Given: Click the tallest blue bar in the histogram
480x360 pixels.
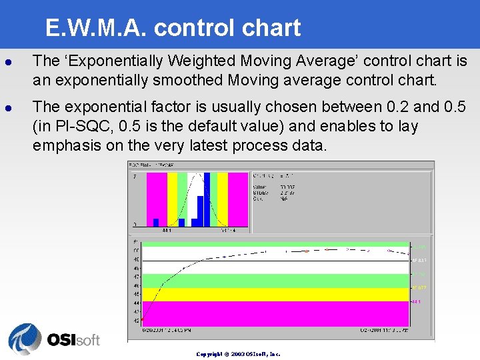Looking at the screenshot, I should (207, 199).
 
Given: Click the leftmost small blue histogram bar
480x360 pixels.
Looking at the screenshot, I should (156, 223).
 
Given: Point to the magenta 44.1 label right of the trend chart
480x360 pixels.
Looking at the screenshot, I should (417, 302).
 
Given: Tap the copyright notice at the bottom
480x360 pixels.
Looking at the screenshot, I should (238, 354).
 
